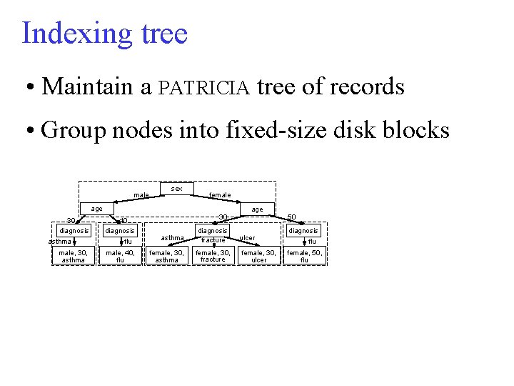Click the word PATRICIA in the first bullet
204,88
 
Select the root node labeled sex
177,189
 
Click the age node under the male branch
96,209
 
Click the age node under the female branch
257,209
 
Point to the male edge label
141,195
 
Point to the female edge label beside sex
219,195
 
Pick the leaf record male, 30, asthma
74,256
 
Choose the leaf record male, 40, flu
120,256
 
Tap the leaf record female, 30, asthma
166,256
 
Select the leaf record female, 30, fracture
213,256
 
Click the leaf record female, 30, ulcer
259,256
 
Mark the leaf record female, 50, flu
305,256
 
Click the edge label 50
291,217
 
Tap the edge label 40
123,220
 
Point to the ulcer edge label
247,238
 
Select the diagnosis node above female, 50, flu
303,231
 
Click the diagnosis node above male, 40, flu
120,231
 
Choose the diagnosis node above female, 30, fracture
213,231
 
